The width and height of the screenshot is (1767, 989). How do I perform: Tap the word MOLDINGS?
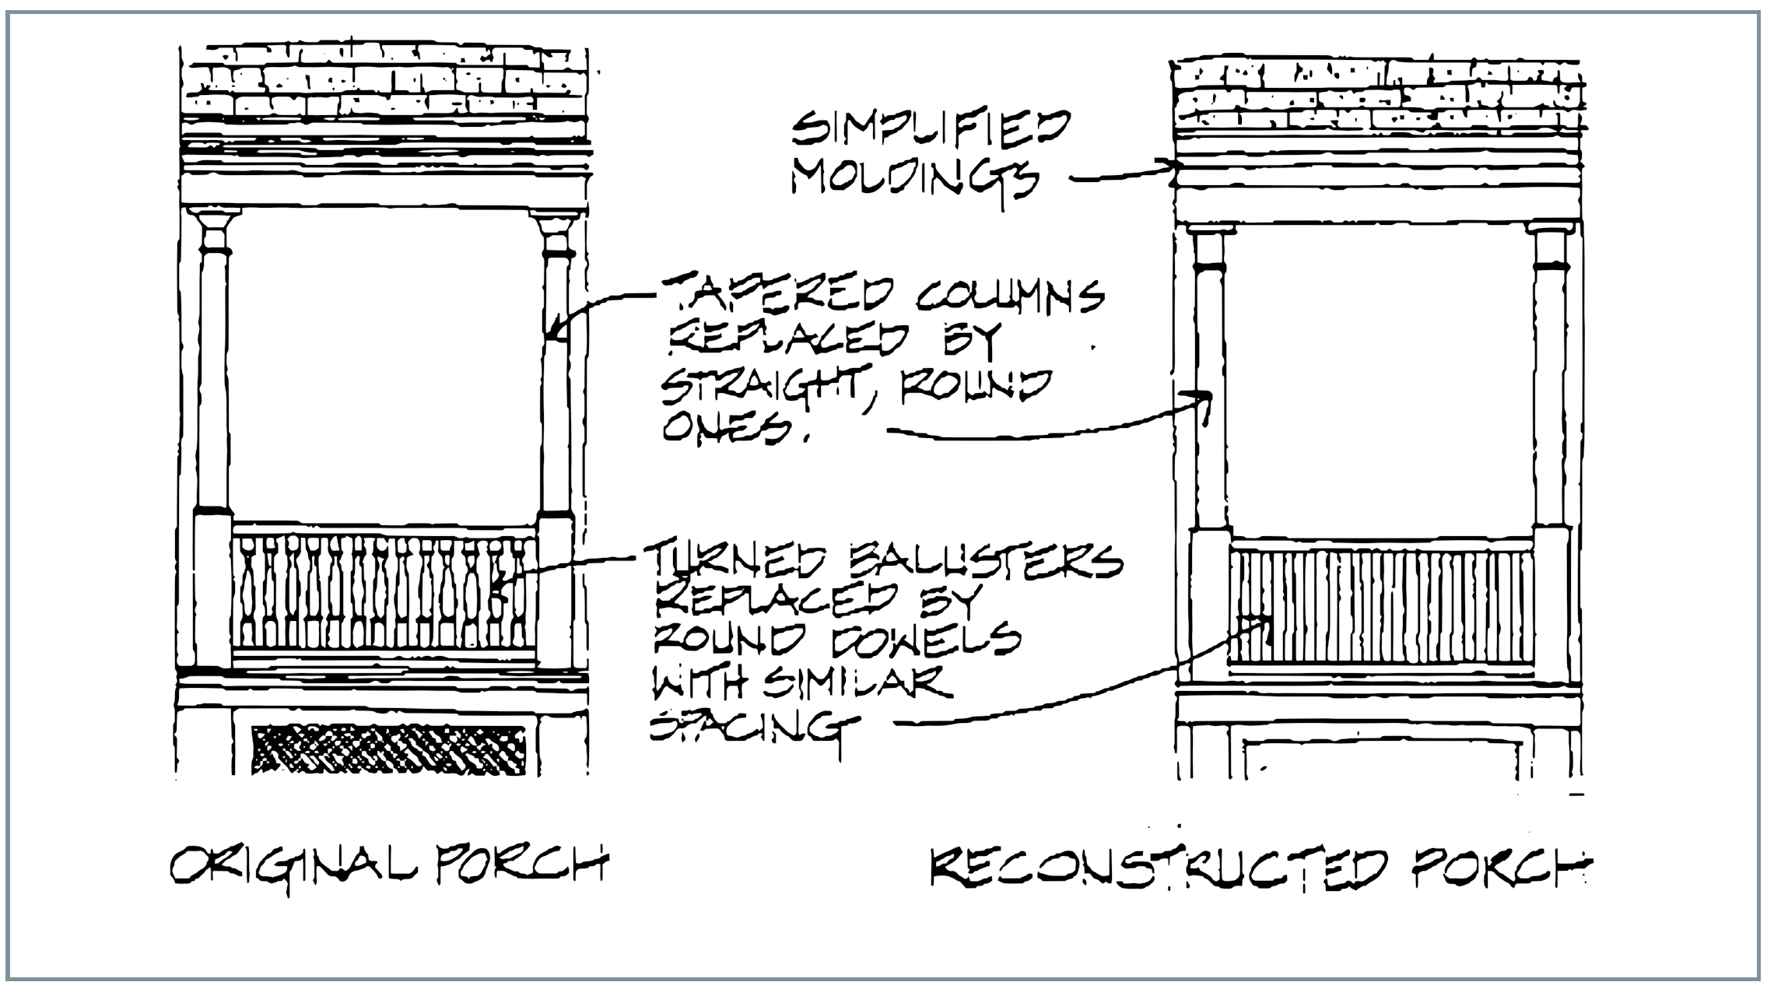coord(915,180)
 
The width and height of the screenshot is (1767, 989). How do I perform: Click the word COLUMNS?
coord(1007,295)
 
